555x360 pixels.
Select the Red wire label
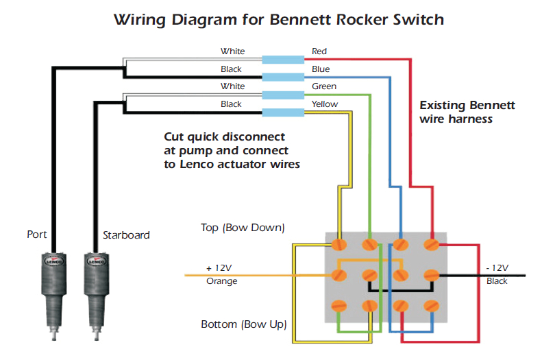click(x=319, y=51)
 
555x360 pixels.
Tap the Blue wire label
click(x=320, y=69)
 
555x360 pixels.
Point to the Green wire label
click(x=324, y=86)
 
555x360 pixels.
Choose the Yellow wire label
click(x=325, y=104)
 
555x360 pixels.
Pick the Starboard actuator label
click(x=126, y=235)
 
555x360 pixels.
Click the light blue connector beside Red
click(x=283, y=60)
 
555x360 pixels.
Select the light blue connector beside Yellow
click(x=283, y=112)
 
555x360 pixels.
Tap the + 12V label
click(x=219, y=267)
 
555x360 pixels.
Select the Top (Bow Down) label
click(x=243, y=228)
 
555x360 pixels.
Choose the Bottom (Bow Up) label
click(x=243, y=324)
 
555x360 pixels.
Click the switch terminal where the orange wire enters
click(x=338, y=275)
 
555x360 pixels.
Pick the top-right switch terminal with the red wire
click(x=432, y=244)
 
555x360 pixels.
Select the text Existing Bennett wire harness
click(x=467, y=112)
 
